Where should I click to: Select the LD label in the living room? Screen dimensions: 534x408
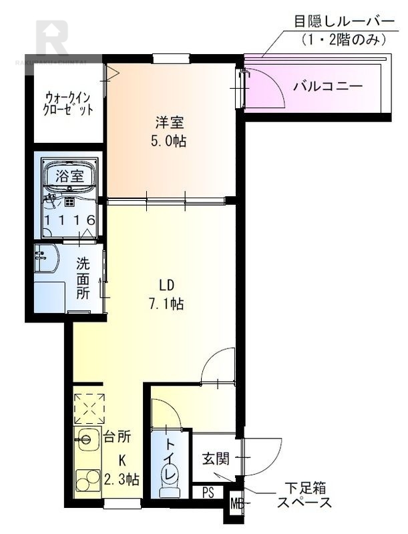click(x=167, y=286)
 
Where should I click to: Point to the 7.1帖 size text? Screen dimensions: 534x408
click(x=167, y=304)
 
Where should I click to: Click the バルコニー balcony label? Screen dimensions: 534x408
click(x=328, y=86)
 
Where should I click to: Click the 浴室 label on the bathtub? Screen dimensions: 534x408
click(x=69, y=176)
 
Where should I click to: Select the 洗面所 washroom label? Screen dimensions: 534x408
click(x=82, y=278)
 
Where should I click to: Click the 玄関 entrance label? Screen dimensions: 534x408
click(x=216, y=459)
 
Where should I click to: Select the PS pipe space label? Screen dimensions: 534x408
click(x=208, y=493)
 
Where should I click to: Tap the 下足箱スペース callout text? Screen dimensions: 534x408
click(x=304, y=496)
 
